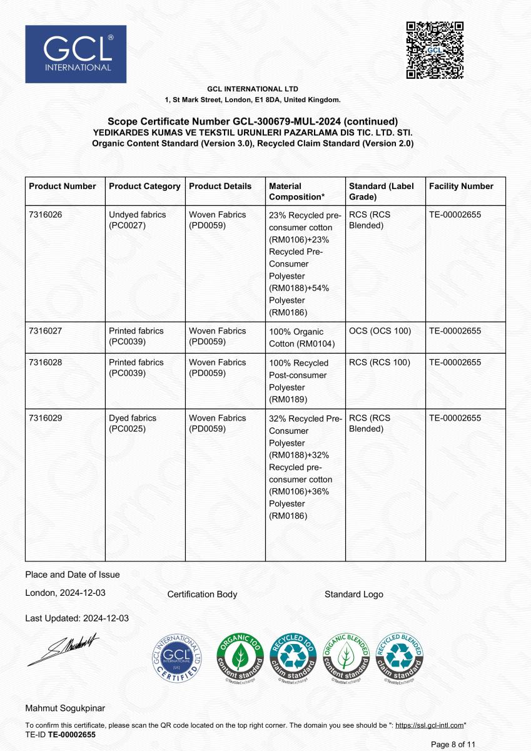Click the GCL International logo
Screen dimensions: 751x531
(76, 54)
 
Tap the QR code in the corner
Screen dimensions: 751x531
(435, 50)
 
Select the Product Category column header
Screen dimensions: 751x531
(144, 186)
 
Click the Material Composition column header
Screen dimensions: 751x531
(296, 192)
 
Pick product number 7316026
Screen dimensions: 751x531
(46, 215)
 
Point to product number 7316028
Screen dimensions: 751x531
(46, 362)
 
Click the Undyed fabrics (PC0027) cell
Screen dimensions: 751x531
(138, 220)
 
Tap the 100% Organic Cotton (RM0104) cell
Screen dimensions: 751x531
(296, 337)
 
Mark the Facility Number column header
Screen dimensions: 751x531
(461, 186)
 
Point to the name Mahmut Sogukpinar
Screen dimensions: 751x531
(65, 708)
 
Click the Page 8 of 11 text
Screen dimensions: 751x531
(453, 744)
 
